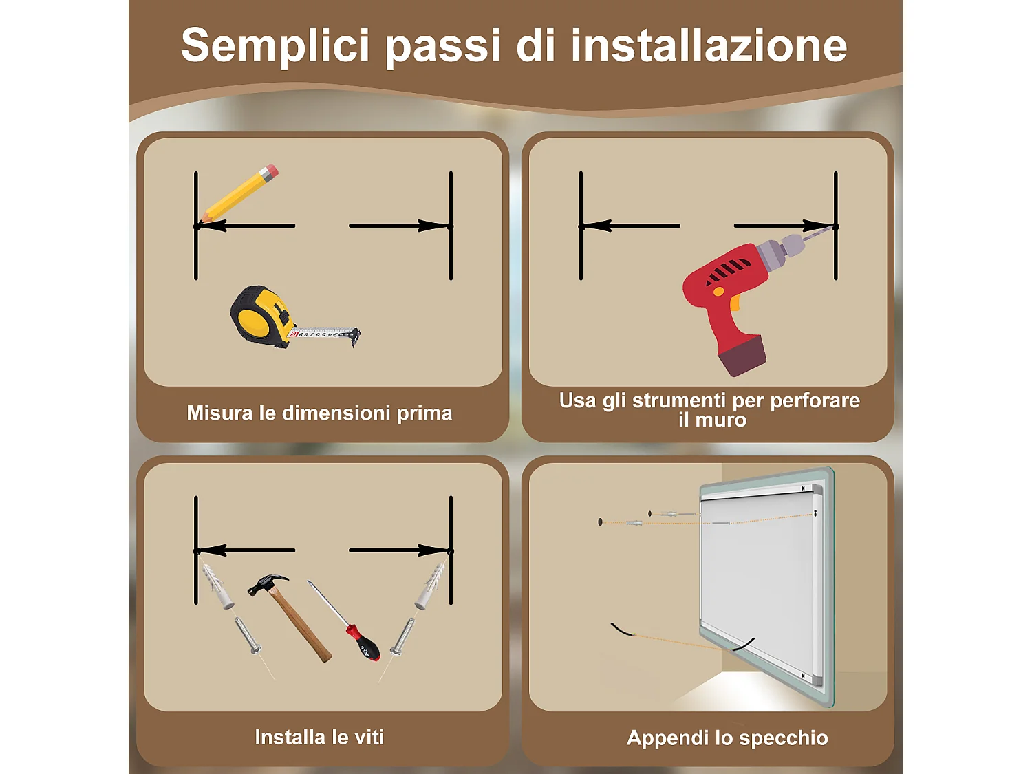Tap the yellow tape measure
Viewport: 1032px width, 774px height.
coord(261,315)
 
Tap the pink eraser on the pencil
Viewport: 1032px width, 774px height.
coord(270,171)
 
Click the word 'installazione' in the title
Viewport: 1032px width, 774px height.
coord(709,45)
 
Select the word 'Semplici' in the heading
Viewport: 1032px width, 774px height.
coord(275,45)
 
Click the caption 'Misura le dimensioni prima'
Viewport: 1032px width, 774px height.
coord(319,413)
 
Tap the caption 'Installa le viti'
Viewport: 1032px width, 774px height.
coord(319,737)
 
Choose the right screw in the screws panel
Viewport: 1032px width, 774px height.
coord(402,636)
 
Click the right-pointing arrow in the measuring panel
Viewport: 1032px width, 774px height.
coord(399,226)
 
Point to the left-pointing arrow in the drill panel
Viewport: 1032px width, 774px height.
coord(630,226)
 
